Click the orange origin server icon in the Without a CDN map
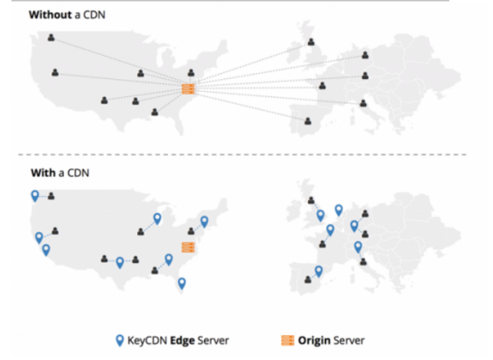[188, 89]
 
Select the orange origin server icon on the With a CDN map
[188, 247]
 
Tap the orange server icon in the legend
[287, 341]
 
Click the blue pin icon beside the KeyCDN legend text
[120, 341]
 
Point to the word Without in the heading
[50, 15]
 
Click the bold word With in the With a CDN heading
[43, 173]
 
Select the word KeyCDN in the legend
[147, 341]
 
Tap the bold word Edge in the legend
[182, 341]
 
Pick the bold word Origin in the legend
[314, 341]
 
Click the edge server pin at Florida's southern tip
[182, 283]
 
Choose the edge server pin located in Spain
[319, 271]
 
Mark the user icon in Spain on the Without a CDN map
[308, 121]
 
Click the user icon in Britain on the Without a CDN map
[311, 42]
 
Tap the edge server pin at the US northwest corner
[35, 196]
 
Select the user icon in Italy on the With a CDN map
[363, 261]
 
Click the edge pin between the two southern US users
[120, 262]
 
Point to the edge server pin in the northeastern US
[204, 222]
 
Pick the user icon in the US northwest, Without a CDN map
[51, 38]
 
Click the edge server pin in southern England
[320, 216]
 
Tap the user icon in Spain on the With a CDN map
[308, 279]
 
